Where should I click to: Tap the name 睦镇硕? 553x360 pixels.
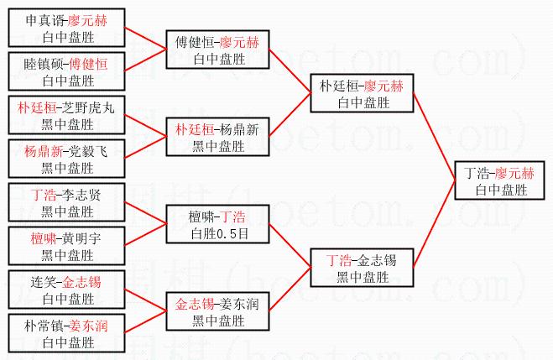[40, 64]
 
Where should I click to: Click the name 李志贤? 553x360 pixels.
[82, 195]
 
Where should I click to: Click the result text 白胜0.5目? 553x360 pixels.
[218, 232]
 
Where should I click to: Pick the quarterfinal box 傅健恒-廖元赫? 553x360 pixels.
[218, 50]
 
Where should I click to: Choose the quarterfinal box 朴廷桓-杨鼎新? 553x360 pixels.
[218, 137]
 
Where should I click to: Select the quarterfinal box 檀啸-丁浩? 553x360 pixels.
[218, 224]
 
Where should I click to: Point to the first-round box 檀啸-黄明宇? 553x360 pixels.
[66, 244]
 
